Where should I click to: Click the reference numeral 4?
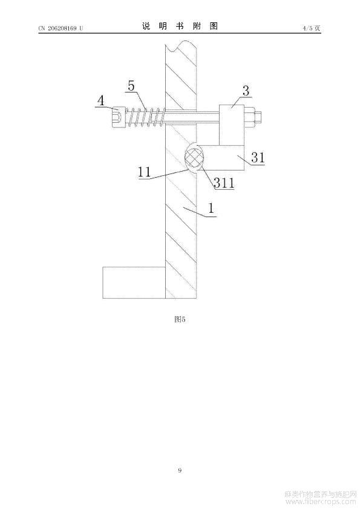pos(102,100)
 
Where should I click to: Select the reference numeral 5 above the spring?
pos(131,86)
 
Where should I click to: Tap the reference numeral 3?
pos(246,91)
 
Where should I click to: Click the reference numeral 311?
pos(224,183)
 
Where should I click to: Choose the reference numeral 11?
pos(145,172)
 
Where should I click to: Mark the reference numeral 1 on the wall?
pos(212,208)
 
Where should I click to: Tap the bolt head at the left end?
pos(117,117)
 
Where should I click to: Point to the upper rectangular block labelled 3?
pos(231,125)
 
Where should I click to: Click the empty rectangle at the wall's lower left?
pos(134,282)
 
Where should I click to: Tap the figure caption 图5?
pos(180,319)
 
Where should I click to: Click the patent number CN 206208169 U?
pos(61,28)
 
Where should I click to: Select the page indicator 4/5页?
pos(312,28)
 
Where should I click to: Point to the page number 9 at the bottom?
pos(180,470)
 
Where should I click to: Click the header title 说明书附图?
pos(180,26)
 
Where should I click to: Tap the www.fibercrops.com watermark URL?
pos(320,502)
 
